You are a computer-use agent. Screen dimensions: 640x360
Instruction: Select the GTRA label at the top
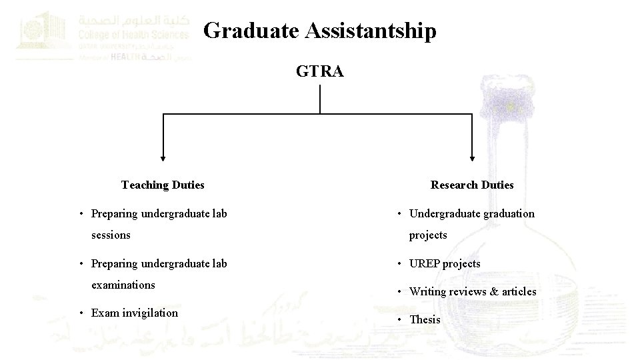pyautogui.click(x=320, y=71)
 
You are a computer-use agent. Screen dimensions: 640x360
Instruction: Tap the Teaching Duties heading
pyautogui.click(x=163, y=185)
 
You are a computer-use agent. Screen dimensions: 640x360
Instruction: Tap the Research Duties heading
pyautogui.click(x=472, y=185)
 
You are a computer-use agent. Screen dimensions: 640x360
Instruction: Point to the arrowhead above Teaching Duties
pyautogui.click(x=163, y=158)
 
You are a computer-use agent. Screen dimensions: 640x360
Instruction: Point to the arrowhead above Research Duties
pyautogui.click(x=472, y=158)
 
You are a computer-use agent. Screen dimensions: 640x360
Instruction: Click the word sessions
pyautogui.click(x=111, y=235)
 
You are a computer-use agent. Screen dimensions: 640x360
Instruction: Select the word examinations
pyautogui.click(x=123, y=285)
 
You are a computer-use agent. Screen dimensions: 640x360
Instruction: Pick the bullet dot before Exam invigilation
pyautogui.click(x=80, y=313)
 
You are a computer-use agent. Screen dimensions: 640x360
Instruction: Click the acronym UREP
pyautogui.click(x=425, y=263)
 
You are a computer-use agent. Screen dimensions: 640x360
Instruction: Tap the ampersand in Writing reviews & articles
pyautogui.click(x=494, y=291)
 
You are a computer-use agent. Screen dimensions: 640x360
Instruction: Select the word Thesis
pyautogui.click(x=425, y=319)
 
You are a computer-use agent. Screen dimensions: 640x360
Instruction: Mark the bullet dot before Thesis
pyautogui.click(x=399, y=320)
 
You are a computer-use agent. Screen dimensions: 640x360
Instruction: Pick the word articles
pyautogui.click(x=519, y=291)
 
